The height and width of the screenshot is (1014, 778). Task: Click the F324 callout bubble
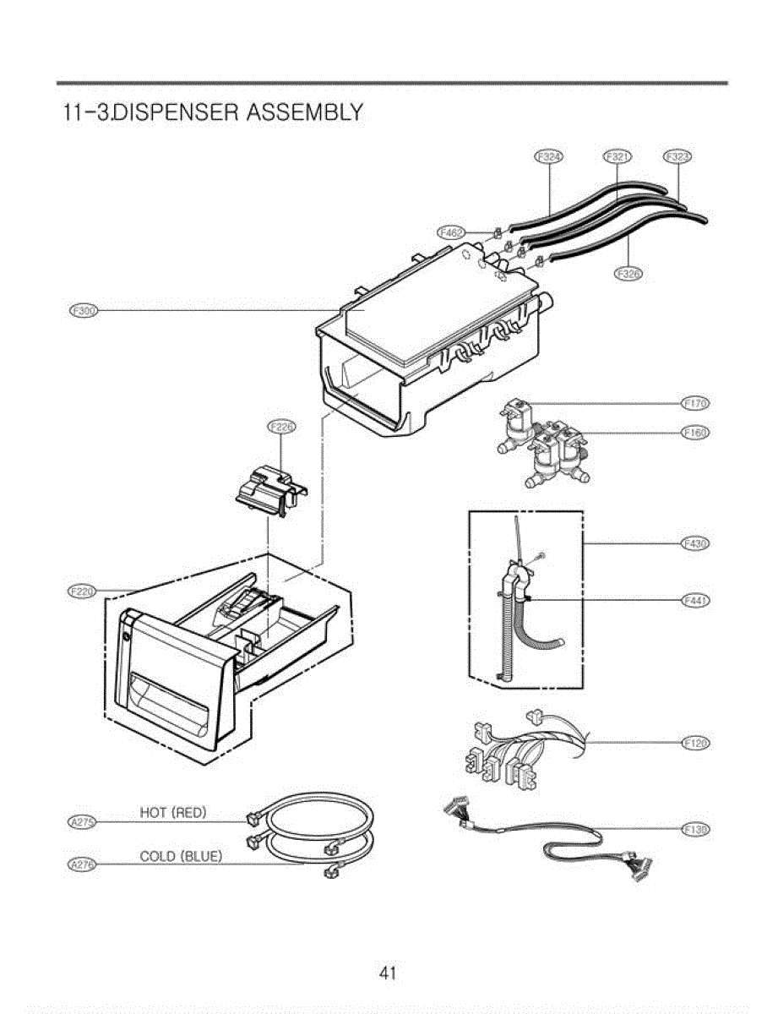point(550,156)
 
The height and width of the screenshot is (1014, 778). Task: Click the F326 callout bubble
point(628,273)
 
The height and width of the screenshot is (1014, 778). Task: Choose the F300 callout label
point(83,311)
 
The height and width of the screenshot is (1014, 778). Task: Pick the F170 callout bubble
point(695,402)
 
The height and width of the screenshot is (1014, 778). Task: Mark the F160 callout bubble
point(695,433)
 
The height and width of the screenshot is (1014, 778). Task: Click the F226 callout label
point(281,428)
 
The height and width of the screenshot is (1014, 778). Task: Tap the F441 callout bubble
point(695,600)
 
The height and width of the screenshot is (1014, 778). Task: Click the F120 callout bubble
point(695,743)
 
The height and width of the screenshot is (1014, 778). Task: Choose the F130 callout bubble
point(695,830)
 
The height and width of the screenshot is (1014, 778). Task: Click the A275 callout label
point(81,821)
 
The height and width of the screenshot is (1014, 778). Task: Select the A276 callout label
point(81,864)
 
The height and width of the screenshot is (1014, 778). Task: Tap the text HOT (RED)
point(173,813)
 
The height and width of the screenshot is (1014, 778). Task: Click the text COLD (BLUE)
point(181,856)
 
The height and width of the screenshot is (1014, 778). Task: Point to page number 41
point(388,973)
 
